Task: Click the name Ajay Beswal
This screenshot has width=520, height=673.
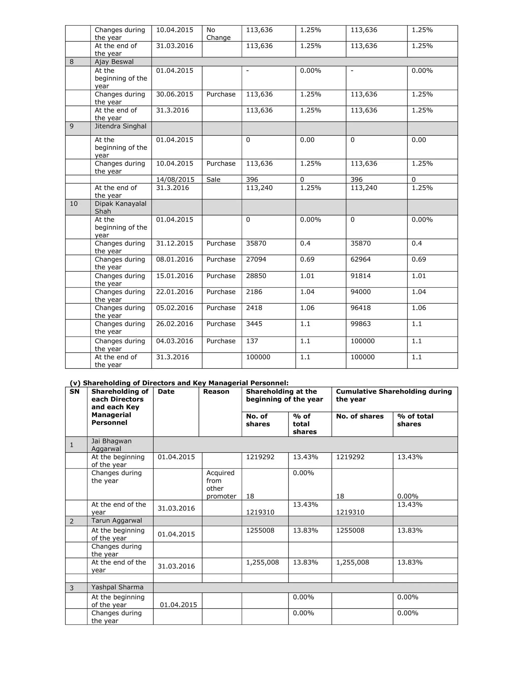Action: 114,62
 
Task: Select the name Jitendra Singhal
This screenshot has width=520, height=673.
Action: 120,126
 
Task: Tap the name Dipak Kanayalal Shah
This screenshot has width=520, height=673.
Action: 120,207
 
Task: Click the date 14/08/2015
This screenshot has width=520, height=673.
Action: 175,179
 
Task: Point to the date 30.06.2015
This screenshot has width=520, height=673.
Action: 174,94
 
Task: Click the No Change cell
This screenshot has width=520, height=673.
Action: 218,34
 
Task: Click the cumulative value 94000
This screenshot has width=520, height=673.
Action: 361,292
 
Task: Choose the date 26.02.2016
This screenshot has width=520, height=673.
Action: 174,324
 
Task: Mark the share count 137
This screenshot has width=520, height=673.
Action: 252,341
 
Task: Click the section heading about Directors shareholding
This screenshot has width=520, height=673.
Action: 179,383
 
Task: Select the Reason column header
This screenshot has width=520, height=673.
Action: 216,392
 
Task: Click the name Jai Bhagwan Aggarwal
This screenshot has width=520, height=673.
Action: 111,445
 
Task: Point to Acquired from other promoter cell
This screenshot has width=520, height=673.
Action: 221,484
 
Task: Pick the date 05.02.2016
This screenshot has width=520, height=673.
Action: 174,308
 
